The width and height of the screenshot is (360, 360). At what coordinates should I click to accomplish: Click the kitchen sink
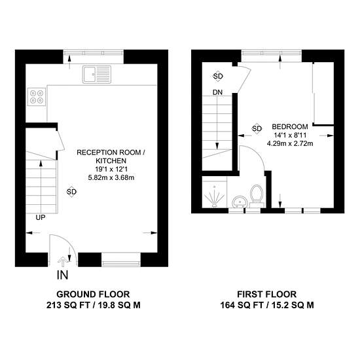pos(97,74)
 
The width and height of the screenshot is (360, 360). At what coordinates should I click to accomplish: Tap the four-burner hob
pos(37,97)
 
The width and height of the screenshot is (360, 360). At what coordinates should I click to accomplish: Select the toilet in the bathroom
pos(257,195)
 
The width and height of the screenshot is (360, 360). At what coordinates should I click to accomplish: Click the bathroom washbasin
pos(240,202)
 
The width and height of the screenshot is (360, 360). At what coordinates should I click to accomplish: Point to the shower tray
pos(215,192)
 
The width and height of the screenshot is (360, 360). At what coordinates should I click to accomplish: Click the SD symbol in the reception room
pos(71,192)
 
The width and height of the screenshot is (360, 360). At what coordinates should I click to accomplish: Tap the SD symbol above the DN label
pos(218,76)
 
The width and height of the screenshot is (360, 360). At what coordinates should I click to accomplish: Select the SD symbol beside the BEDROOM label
pos(257,128)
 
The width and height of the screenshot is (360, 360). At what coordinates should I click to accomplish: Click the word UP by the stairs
pos(41,217)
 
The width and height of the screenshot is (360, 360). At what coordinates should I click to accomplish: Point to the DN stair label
pos(217,92)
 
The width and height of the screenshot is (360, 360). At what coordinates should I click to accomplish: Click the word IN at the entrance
pos(62,275)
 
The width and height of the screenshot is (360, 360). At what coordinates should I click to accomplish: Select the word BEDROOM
pos(290,126)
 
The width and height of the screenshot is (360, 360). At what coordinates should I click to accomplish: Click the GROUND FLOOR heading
pos(93,294)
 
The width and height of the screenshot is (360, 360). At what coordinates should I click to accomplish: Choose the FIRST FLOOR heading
pos(266,294)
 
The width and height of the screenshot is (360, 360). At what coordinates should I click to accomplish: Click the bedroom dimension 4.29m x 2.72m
pos(290,144)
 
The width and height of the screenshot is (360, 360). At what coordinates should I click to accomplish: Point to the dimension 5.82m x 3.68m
pos(111,177)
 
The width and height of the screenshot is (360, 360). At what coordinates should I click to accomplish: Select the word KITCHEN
pos(111,161)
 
